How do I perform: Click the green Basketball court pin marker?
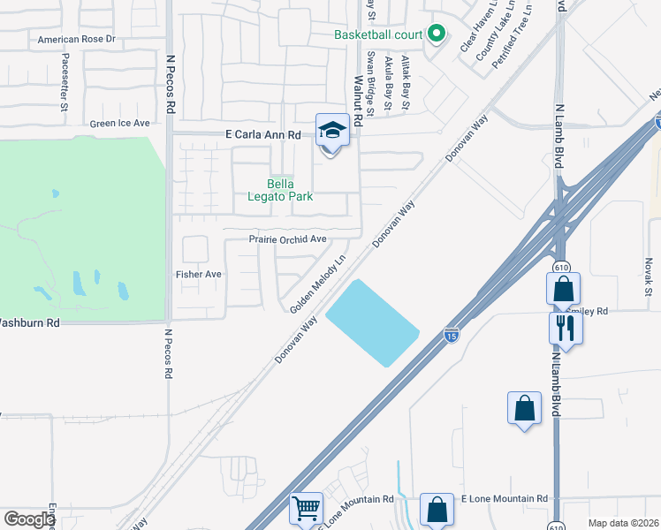tap(435, 34)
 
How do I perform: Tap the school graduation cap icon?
tap(330, 131)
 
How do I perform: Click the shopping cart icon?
tap(306, 508)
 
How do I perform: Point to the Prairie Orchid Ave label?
tap(287, 239)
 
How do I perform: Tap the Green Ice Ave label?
tap(120, 124)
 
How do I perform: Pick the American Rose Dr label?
tap(77, 40)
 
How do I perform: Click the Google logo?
tap(29, 519)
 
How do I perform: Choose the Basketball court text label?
tap(377, 35)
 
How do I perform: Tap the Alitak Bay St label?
tap(406, 82)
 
